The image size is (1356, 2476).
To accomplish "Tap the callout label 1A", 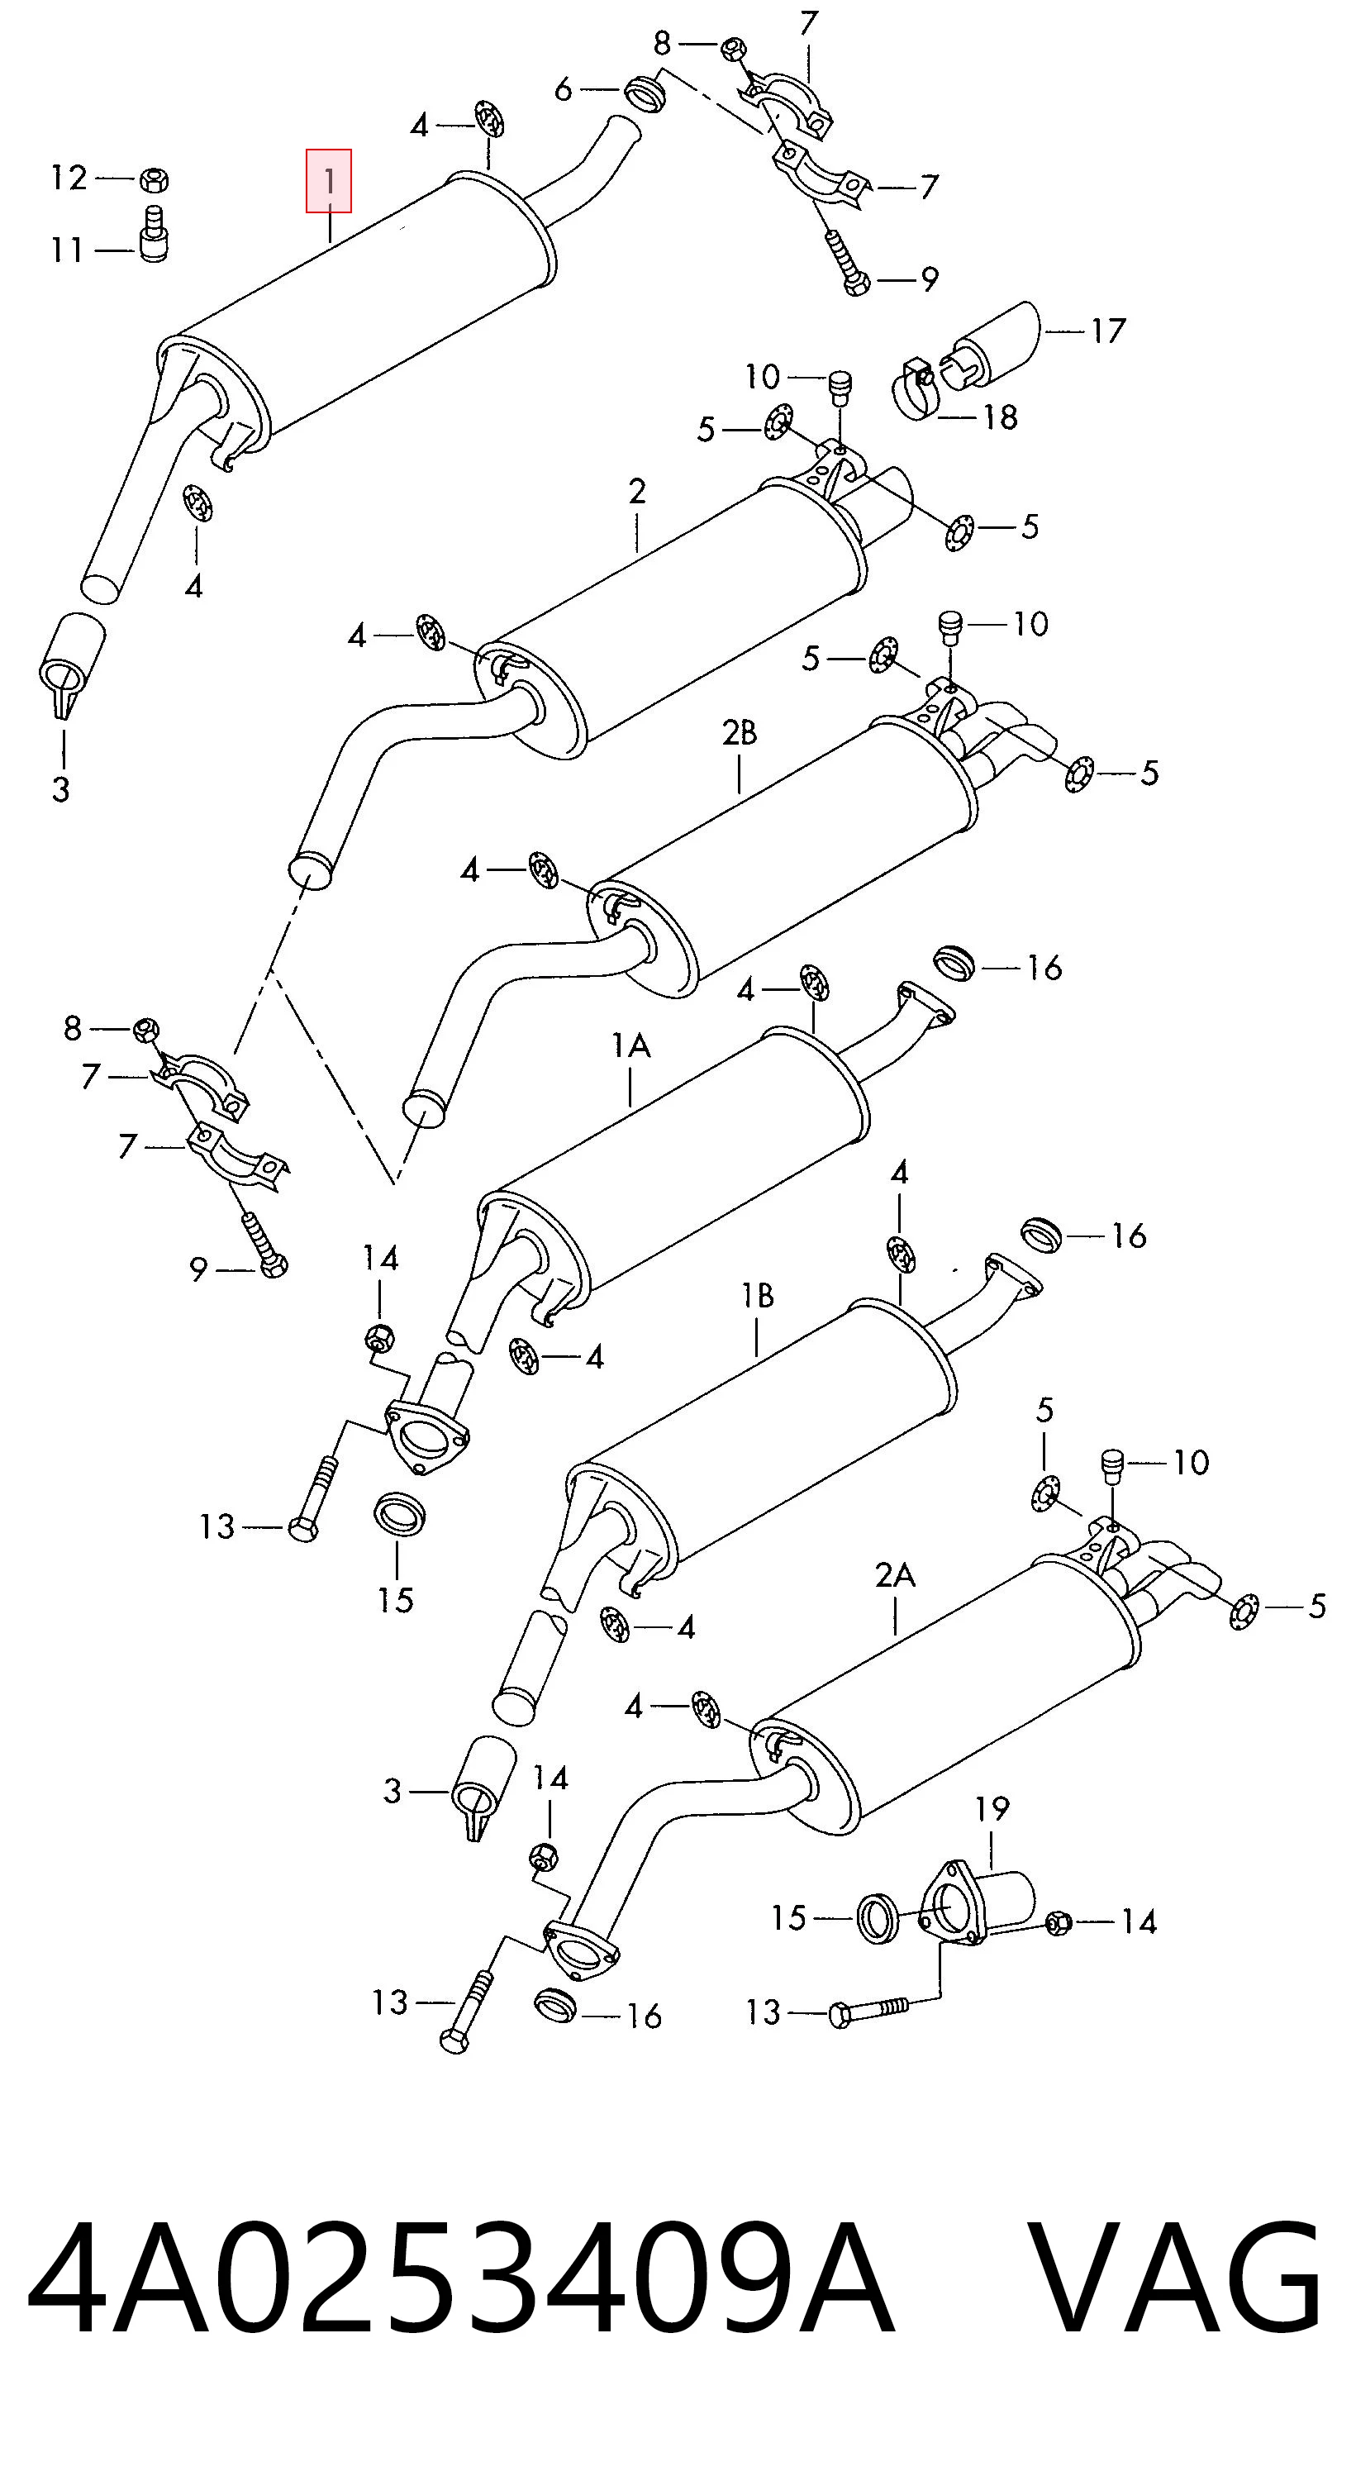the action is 630,1045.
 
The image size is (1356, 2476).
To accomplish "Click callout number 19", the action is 992,1809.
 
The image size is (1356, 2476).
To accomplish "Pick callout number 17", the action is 1107,331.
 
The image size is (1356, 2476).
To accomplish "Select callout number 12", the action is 69,178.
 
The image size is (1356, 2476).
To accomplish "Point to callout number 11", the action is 66,251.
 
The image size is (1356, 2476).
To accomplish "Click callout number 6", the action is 564,89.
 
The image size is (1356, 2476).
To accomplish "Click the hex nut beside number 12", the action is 155,179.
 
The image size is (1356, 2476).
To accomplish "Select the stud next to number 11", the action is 154,232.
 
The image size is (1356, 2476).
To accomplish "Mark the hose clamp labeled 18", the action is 917,389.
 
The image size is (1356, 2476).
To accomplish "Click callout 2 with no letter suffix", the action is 637,492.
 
